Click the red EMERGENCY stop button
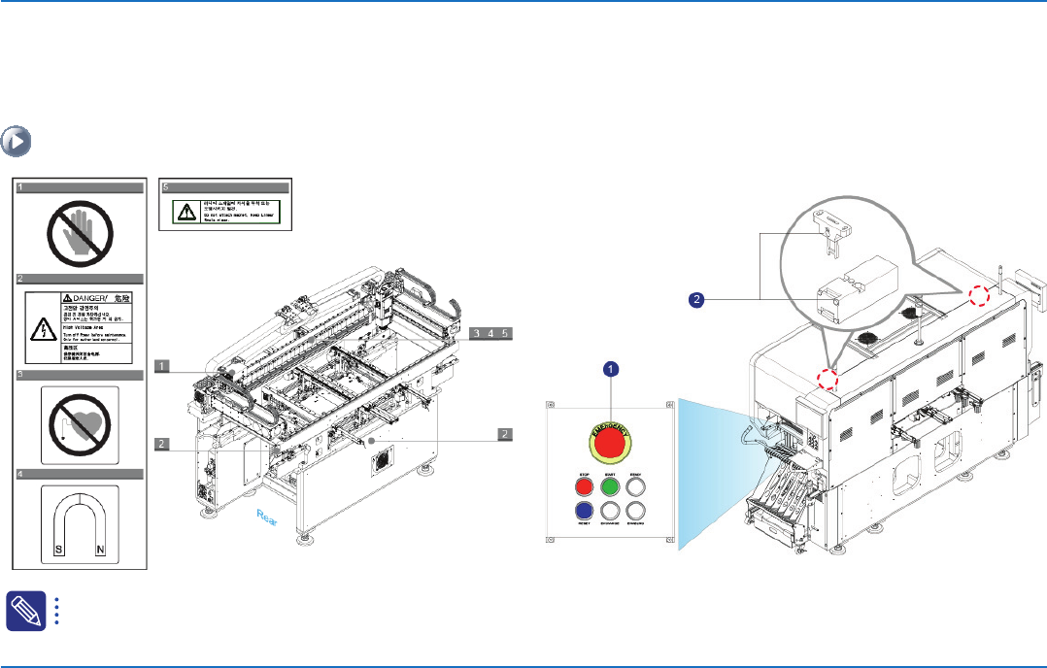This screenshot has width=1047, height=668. (609, 444)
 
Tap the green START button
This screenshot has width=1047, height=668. (609, 486)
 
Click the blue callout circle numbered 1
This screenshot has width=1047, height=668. (611, 369)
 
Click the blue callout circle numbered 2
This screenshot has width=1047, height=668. (695, 300)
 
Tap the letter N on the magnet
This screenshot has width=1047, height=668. (102, 549)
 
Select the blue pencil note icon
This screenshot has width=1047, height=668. (20, 609)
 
